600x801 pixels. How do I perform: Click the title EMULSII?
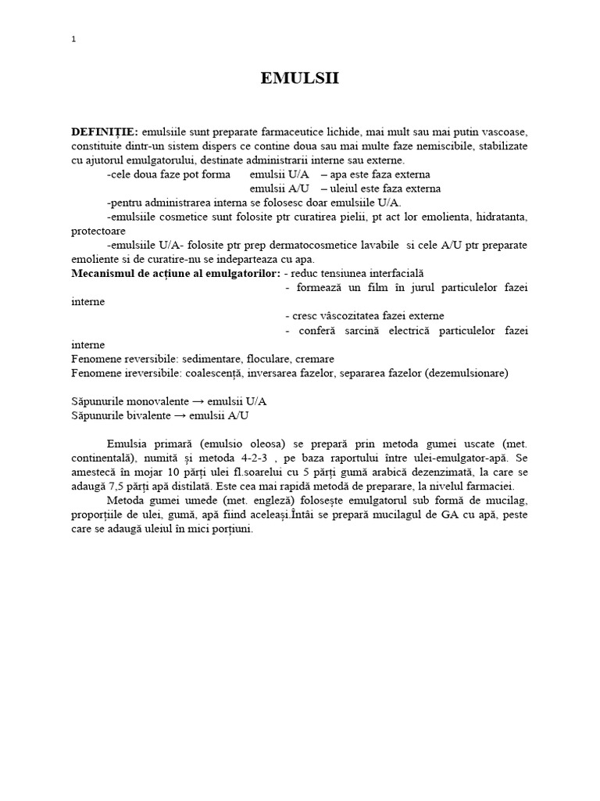point(300,78)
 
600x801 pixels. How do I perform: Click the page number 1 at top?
point(73,40)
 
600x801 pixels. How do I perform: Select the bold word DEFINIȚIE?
point(105,132)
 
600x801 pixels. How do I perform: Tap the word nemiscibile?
point(416,145)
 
